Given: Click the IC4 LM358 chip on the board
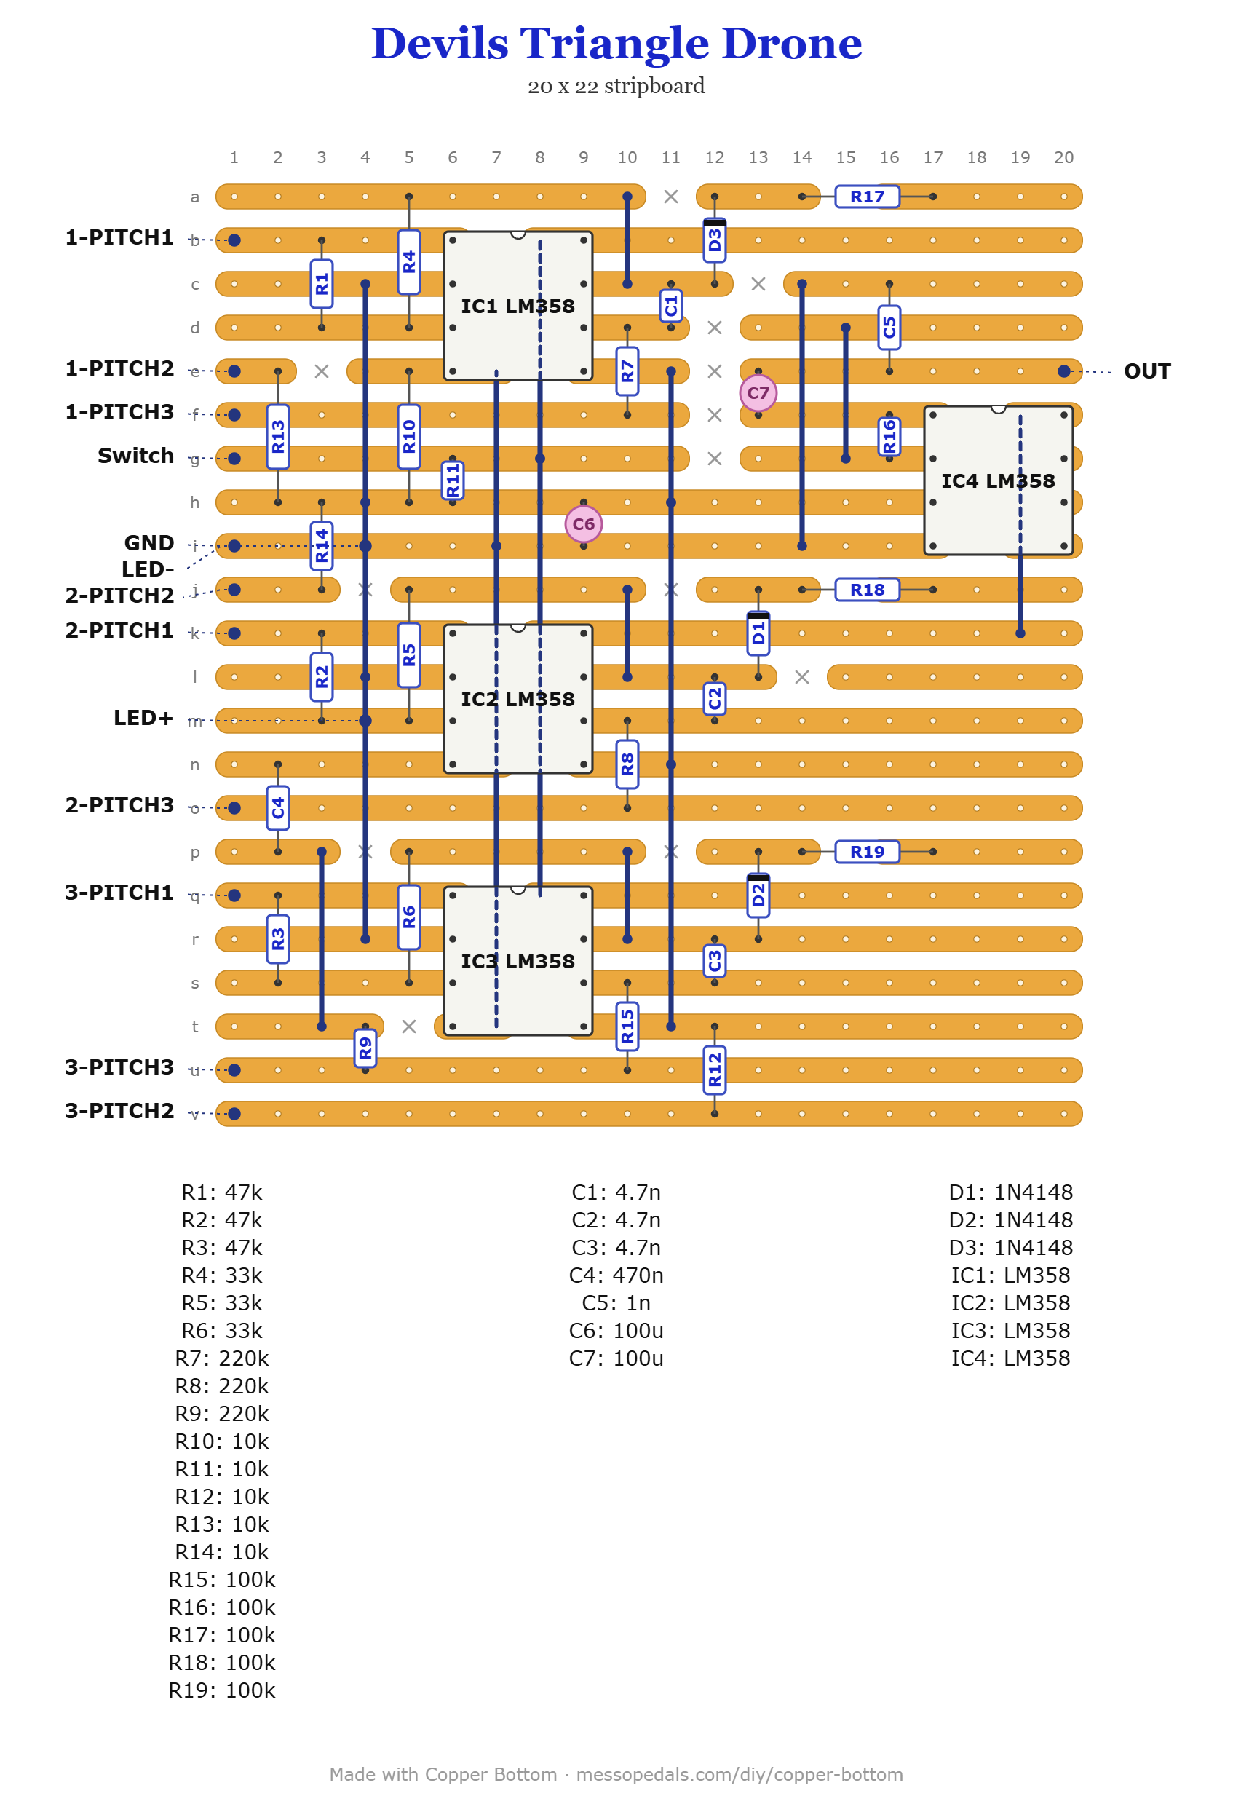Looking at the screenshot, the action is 998,480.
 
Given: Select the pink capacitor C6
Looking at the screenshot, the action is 584,524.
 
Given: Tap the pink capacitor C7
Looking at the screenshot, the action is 758,393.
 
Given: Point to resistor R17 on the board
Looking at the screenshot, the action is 867,197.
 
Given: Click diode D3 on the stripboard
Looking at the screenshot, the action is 715,240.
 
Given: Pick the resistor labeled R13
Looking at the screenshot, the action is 278,436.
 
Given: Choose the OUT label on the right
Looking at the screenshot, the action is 1147,371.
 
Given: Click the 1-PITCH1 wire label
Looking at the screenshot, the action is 119,237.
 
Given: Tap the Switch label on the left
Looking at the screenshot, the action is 136,456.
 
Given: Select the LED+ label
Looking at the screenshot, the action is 143,717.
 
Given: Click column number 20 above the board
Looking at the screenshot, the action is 1064,157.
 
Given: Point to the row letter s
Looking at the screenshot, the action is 195,983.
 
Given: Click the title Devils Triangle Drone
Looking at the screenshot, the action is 617,43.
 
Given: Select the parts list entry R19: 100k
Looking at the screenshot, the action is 222,1690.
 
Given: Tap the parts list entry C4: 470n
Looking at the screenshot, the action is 616,1275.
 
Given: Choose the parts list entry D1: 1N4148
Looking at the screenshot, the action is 1010,1192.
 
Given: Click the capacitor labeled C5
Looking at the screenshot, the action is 889,328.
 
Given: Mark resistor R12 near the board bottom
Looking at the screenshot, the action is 715,1069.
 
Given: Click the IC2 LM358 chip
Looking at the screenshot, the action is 518,699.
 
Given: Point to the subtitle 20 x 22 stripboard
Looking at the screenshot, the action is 616,85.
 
